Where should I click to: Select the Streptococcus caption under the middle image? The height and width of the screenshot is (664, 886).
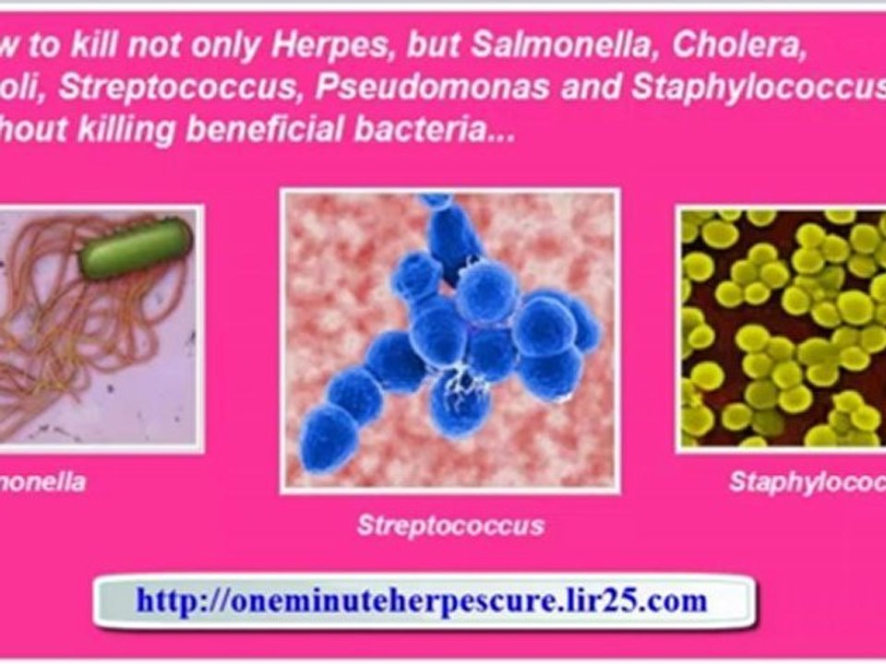[x=450, y=526]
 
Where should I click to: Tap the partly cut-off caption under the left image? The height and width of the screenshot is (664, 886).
[x=42, y=481]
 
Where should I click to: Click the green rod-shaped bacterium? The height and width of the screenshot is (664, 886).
[x=135, y=246]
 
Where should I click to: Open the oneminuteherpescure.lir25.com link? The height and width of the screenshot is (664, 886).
[x=422, y=601]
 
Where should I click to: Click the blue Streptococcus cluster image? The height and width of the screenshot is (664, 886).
[x=449, y=338]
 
